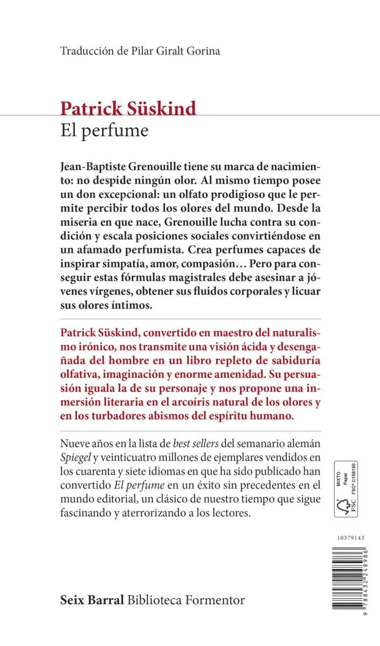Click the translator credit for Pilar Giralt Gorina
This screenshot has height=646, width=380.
[141, 52]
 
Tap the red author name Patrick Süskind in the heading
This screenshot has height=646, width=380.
[128, 108]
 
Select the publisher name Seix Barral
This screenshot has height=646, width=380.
[92, 600]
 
